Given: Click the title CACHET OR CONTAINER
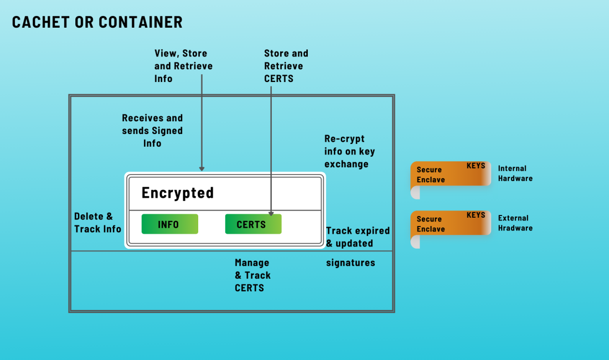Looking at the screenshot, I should (x=97, y=22).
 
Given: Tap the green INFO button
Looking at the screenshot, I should (x=169, y=224).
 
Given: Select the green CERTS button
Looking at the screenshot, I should (x=253, y=224).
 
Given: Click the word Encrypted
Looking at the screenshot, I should (x=178, y=193).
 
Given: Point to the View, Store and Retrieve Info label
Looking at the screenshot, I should (x=183, y=66).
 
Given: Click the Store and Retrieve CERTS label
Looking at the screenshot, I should (x=286, y=66).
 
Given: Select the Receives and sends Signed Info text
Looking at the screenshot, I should (x=152, y=131).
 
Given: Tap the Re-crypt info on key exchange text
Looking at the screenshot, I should (x=349, y=151).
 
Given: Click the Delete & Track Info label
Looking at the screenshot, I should (x=97, y=223).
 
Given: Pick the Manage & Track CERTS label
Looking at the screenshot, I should (x=252, y=275).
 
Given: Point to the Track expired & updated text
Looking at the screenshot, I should (x=358, y=237).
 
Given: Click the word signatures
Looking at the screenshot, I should (x=350, y=263).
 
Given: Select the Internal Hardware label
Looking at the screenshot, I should (x=515, y=173).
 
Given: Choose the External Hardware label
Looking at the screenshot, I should (x=515, y=223).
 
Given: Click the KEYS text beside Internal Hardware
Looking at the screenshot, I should (x=476, y=166).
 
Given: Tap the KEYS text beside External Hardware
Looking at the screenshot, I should (x=476, y=215).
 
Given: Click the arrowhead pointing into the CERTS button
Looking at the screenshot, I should (x=271, y=213).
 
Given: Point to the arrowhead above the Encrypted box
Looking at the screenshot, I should (x=202, y=168).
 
